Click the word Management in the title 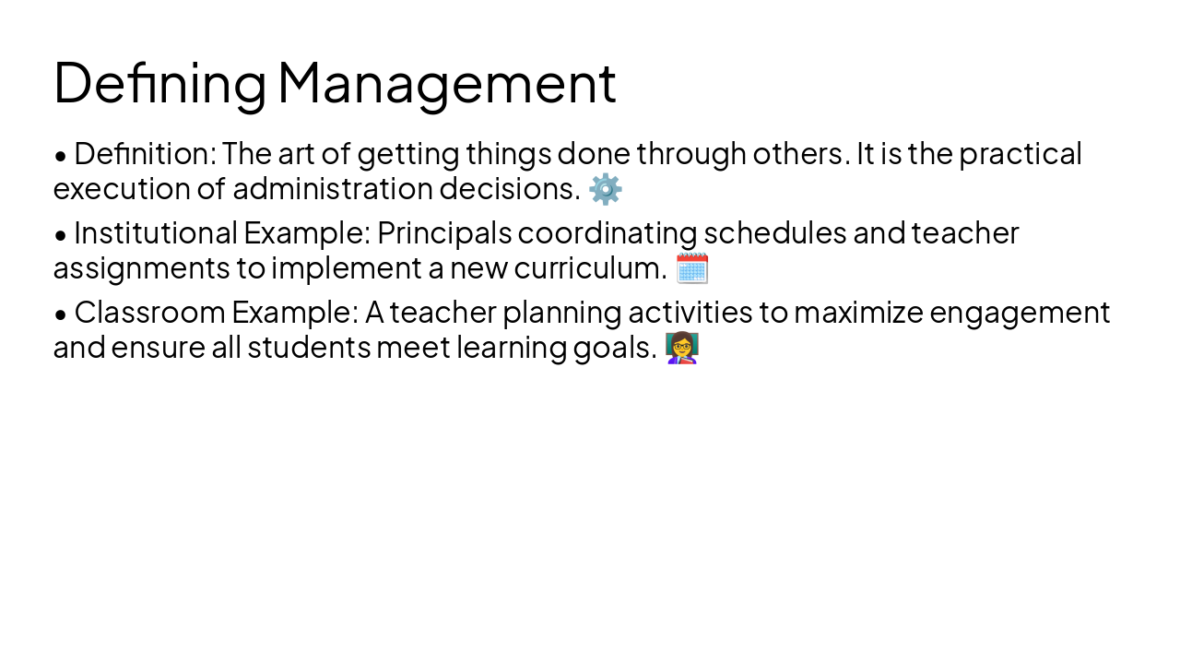pos(446,83)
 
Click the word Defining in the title pos(159,83)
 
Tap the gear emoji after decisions pos(606,189)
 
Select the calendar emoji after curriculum pos(691,268)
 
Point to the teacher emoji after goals pos(682,349)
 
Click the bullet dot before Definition pos(61,156)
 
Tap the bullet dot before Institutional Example pos(61,235)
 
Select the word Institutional pos(156,233)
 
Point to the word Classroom pos(150,314)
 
